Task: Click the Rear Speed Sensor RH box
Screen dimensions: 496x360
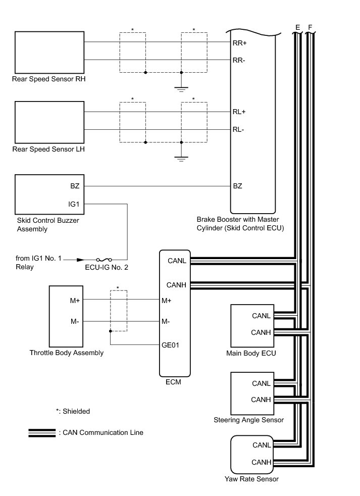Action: point(49,53)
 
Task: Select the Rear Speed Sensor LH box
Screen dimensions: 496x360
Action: point(49,122)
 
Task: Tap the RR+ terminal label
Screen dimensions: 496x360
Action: point(239,43)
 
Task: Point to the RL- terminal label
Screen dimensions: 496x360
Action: point(238,129)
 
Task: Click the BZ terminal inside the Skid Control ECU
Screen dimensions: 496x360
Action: point(237,186)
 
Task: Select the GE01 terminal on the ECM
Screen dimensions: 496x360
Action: point(171,345)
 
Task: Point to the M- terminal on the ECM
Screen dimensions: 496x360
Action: point(166,321)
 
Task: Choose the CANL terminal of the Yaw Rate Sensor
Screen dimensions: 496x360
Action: point(262,445)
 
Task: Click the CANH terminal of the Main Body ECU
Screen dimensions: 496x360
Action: point(262,332)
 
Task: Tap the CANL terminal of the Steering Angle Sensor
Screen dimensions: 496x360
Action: point(262,383)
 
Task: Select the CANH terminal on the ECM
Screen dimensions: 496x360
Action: point(177,285)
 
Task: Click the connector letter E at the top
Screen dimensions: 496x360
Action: point(297,26)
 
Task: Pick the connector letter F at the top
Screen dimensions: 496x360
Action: point(310,26)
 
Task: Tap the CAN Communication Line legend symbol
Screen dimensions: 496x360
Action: point(42,432)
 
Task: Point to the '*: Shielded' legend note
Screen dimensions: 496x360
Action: point(73,411)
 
